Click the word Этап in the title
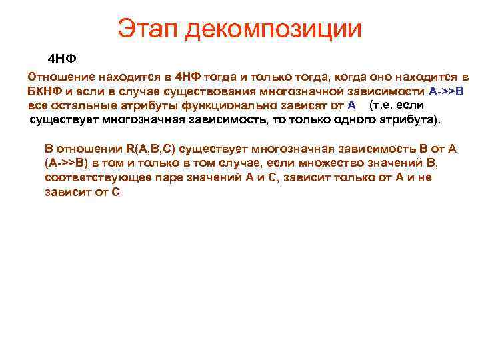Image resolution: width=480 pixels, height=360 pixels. (x=147, y=29)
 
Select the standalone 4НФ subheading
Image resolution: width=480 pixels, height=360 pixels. (x=63, y=59)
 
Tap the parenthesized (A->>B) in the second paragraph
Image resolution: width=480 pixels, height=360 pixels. (x=71, y=163)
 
